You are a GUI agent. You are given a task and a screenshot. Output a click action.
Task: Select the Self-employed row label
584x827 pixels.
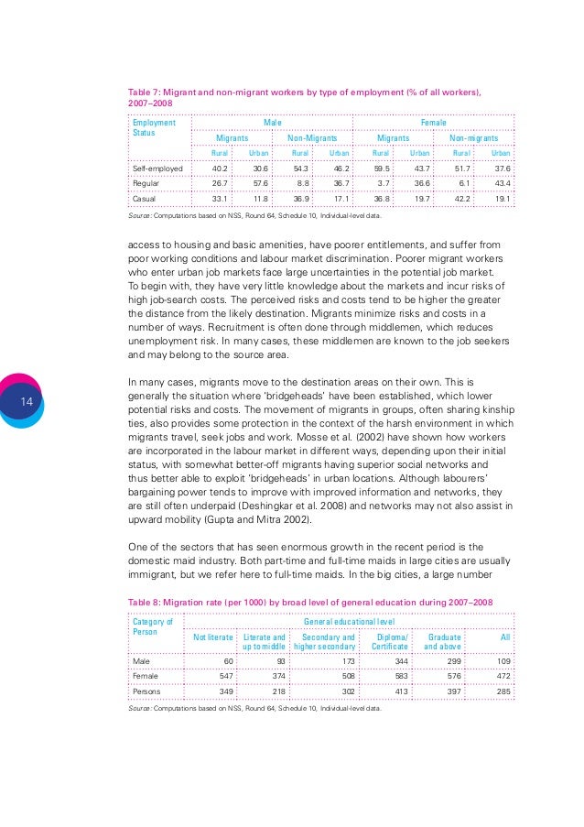(158, 169)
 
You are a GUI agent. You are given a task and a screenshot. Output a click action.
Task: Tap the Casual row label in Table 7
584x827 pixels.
(145, 198)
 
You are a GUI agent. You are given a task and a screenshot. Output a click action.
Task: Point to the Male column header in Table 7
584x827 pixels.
(272, 122)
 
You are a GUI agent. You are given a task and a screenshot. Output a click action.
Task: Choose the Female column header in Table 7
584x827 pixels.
(433, 122)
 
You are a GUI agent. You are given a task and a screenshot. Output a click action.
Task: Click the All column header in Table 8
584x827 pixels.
(504, 637)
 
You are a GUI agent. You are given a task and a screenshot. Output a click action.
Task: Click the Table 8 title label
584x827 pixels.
(312, 601)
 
